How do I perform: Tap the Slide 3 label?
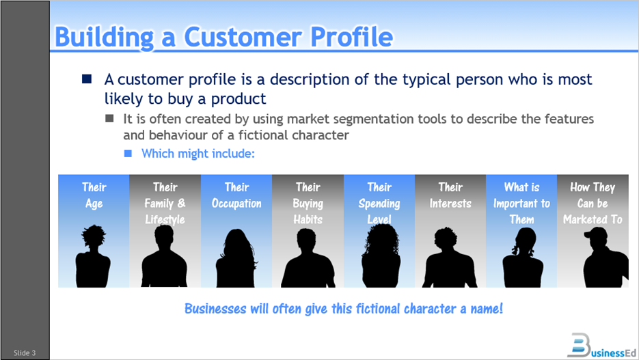click(25, 352)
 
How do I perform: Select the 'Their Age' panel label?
click(94, 195)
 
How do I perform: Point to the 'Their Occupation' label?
click(236, 195)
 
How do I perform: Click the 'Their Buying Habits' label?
click(308, 203)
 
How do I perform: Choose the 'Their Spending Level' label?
click(379, 203)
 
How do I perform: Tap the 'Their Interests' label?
click(450, 195)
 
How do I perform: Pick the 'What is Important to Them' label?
click(521, 203)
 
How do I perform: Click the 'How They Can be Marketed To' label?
click(593, 203)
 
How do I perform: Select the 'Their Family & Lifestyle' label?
click(165, 203)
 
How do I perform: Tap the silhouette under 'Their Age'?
click(94, 257)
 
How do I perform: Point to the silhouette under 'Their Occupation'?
click(236, 257)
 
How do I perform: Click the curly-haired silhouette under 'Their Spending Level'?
click(379, 257)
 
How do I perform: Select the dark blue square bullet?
click(87, 79)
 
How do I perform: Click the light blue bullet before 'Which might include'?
click(127, 154)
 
